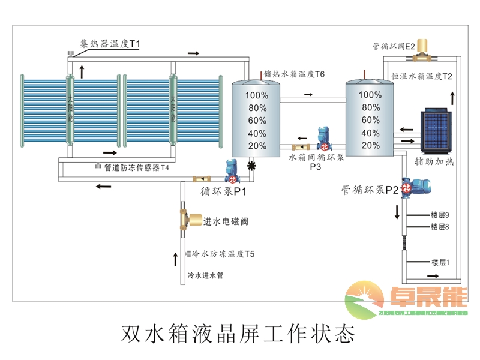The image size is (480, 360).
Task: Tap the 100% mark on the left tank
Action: pos(257,95)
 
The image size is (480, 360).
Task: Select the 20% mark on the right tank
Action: pos(371,146)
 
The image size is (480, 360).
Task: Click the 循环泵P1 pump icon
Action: pos(232,171)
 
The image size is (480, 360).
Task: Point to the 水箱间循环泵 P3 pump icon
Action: pos(323,139)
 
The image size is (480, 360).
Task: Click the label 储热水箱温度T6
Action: pos(295,74)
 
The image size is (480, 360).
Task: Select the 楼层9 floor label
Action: pos(440,215)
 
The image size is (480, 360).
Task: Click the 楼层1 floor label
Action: pos(440,262)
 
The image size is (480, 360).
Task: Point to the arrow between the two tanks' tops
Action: pos(308,95)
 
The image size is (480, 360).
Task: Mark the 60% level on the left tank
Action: pos(257,121)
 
